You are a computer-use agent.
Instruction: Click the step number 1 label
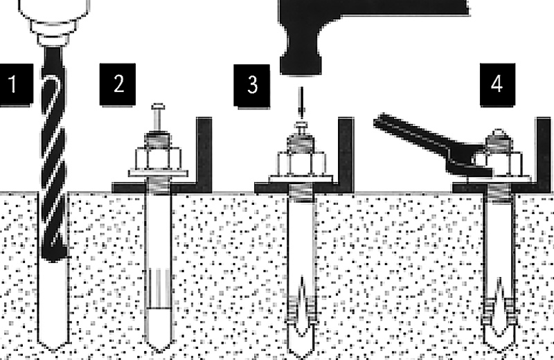16,84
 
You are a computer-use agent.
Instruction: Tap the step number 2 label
118,84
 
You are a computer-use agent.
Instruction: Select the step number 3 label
252,85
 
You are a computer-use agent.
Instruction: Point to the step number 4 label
497,84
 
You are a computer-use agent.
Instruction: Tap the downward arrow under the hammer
301,102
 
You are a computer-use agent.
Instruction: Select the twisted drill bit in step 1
54,156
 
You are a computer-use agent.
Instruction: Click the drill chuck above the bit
53,22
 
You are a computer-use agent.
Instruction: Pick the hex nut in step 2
159,159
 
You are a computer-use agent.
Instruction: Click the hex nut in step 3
301,163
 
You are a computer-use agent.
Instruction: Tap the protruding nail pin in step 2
158,117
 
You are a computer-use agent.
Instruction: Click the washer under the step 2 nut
158,174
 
